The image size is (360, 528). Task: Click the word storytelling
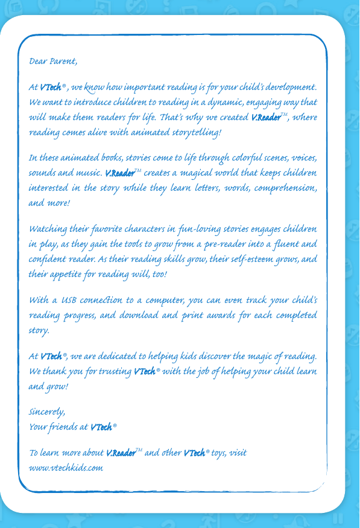point(197,132)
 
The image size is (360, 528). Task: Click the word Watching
point(47,230)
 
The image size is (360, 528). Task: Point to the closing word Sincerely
point(47,412)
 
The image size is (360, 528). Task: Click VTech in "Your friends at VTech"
point(101,427)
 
